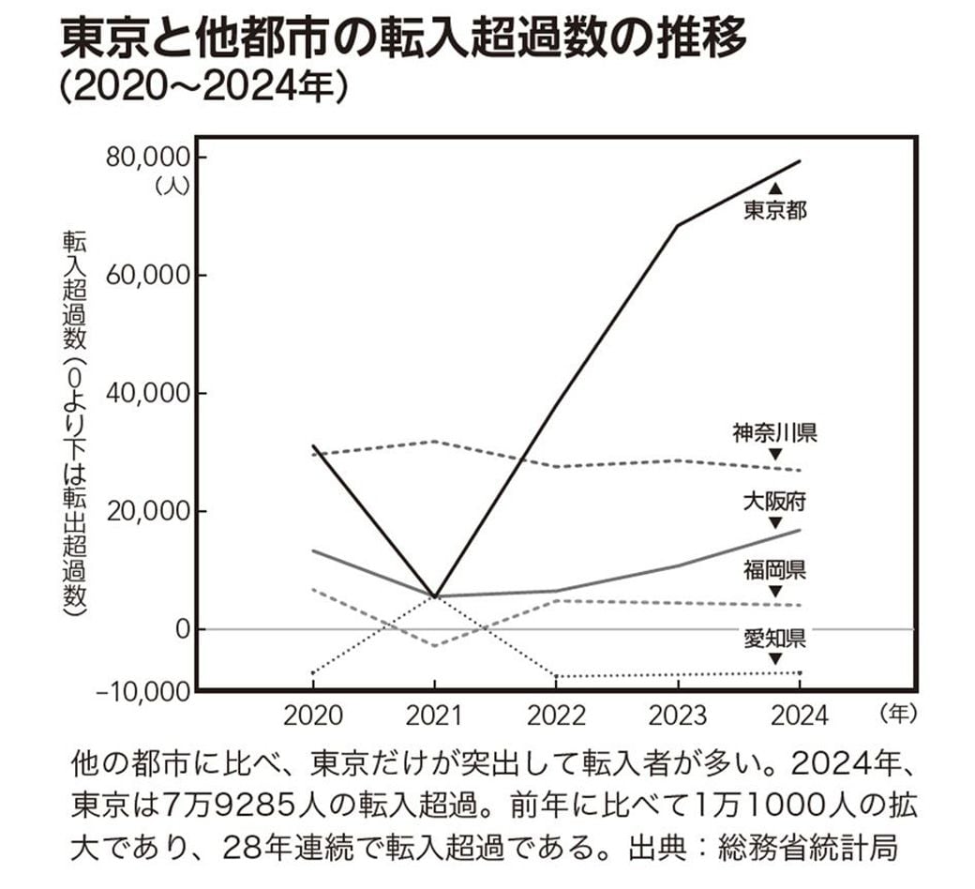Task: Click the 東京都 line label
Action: (774, 210)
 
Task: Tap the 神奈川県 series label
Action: (774, 433)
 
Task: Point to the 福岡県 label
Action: (774, 569)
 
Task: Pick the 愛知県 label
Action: (774, 639)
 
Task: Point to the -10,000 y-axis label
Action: (142, 691)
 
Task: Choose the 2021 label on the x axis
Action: (434, 716)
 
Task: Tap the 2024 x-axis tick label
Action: (800, 716)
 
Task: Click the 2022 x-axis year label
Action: (556, 716)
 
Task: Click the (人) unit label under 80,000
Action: (173, 185)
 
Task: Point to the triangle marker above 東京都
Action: (774, 188)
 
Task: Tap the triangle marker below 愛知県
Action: (774, 659)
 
